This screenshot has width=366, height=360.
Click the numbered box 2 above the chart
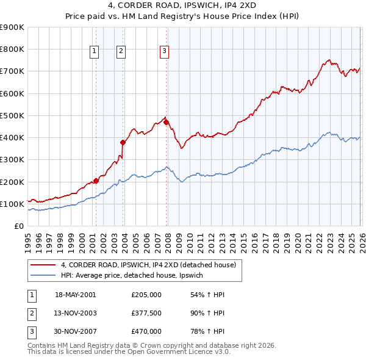[x=121, y=52]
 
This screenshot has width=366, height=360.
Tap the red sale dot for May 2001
[x=96, y=181]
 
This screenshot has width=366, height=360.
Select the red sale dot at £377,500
[x=123, y=142]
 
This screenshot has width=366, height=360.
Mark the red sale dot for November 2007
[x=167, y=122]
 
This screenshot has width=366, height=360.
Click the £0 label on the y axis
[x=18, y=226]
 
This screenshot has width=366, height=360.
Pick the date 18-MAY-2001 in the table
[x=75, y=294]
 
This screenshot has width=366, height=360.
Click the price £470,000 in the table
[x=146, y=331]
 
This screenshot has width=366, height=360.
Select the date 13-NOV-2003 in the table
[x=75, y=313]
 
